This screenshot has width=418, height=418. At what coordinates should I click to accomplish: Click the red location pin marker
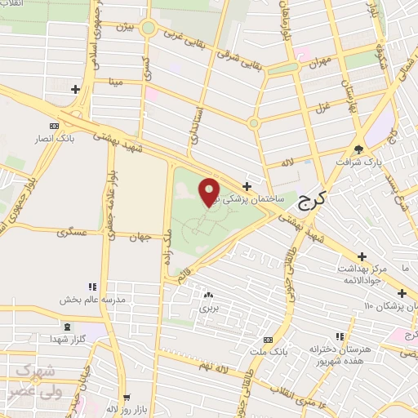[209, 192]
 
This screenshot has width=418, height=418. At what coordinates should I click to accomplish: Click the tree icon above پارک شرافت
[359, 148]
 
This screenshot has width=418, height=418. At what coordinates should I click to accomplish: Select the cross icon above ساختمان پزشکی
[247, 186]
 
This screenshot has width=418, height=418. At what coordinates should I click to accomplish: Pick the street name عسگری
[72, 233]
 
